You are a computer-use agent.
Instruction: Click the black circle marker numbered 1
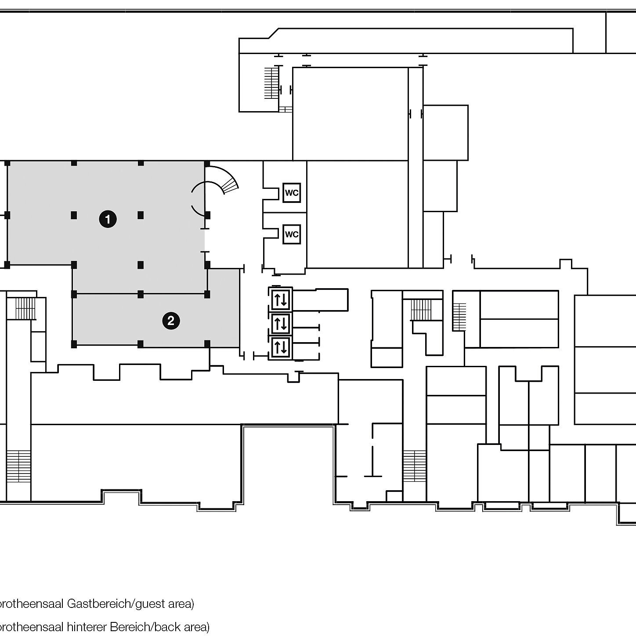click(x=108, y=219)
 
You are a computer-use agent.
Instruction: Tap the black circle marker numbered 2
click(x=171, y=321)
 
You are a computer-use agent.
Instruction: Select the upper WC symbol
click(x=292, y=192)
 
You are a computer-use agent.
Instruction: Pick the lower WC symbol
click(x=292, y=234)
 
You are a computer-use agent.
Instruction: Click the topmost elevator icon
click(x=281, y=300)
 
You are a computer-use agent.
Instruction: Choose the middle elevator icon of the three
click(x=281, y=324)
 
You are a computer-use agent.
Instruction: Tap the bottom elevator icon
click(x=281, y=348)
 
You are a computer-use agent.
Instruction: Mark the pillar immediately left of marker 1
click(x=74, y=215)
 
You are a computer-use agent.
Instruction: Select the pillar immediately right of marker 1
click(x=141, y=215)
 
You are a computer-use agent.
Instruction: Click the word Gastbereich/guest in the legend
click(x=110, y=603)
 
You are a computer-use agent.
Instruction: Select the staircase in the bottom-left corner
click(x=18, y=466)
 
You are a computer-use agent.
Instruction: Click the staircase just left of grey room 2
click(x=25, y=308)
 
